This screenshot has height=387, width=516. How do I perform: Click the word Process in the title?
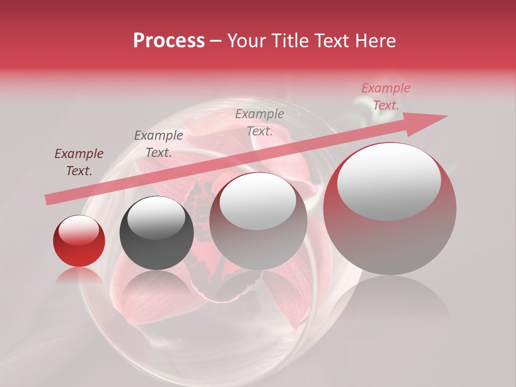point(169,41)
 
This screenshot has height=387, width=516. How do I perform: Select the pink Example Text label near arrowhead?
point(385,97)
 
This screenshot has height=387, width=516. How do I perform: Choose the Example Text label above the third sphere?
point(260,122)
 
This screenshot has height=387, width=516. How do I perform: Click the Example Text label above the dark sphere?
point(159,144)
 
